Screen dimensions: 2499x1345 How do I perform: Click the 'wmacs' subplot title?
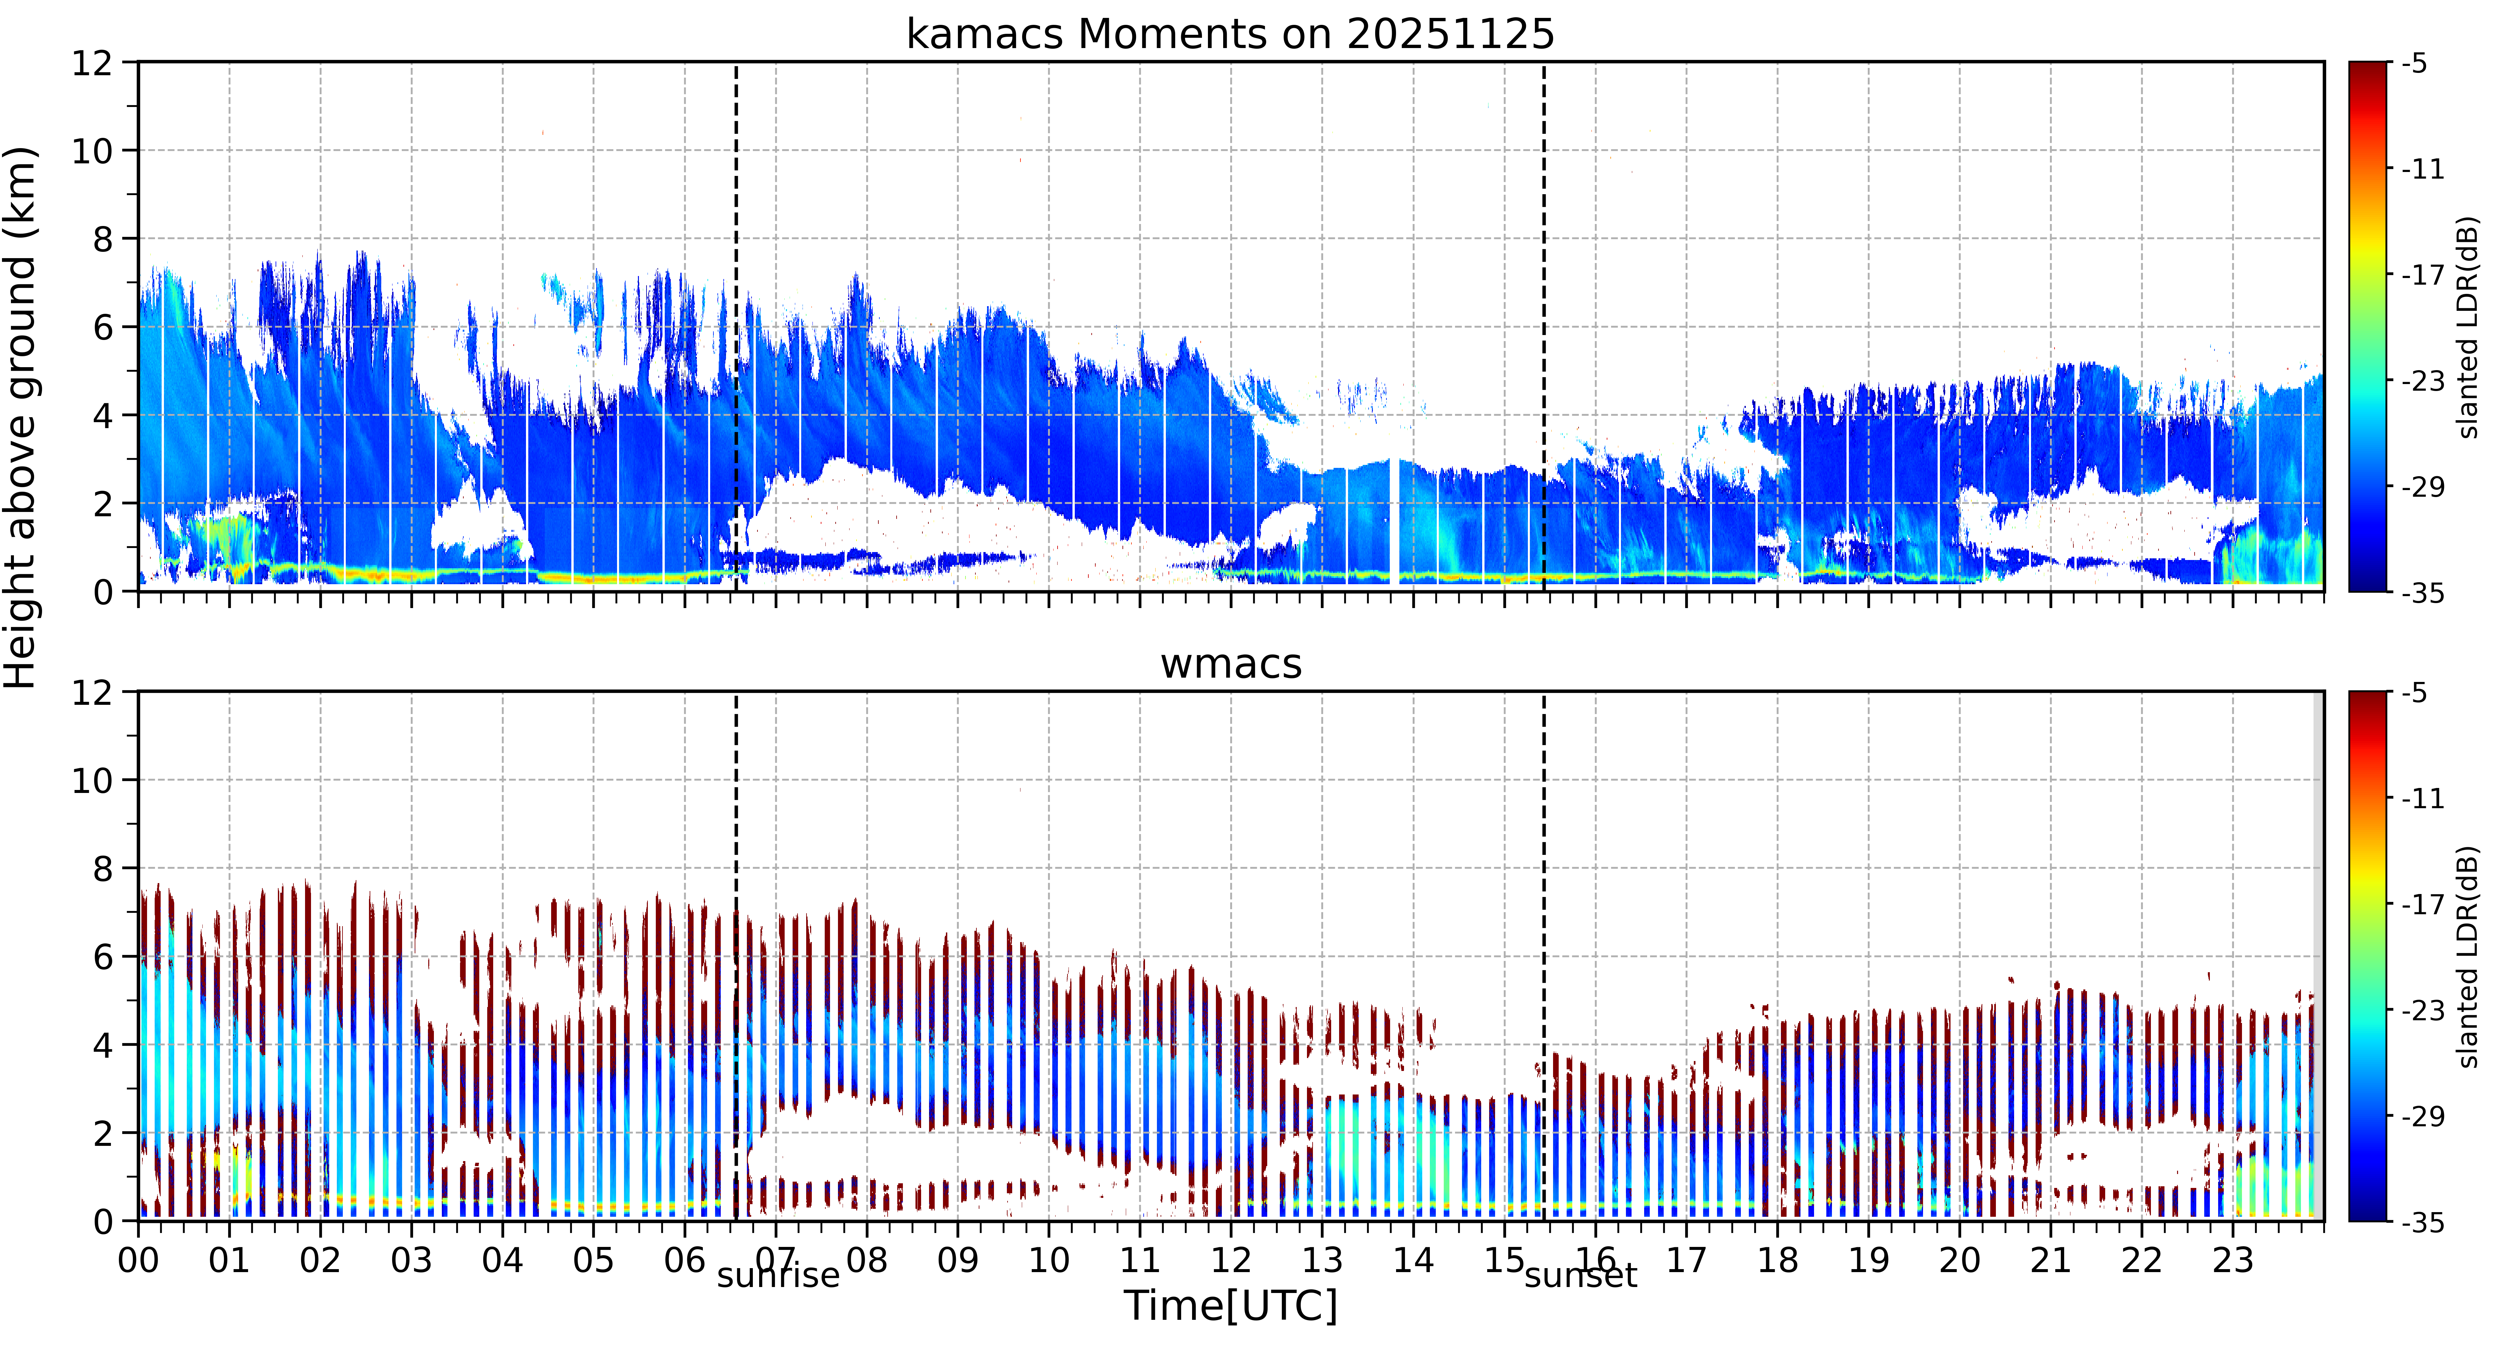[1231, 665]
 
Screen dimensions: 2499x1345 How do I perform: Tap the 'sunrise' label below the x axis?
[778, 1275]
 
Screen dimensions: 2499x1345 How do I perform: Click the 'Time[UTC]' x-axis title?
[1230, 1306]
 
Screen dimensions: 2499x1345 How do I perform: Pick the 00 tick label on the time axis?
[139, 1261]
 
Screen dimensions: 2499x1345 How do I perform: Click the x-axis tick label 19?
[1868, 1261]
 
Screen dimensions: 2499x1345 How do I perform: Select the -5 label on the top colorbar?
[2415, 64]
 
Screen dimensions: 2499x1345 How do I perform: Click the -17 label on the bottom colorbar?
[2422, 904]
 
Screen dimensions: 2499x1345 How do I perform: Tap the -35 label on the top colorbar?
[2422, 593]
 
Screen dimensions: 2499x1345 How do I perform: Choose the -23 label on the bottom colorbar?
[2422, 1010]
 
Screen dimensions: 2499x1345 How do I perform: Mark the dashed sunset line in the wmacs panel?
[1543, 956]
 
